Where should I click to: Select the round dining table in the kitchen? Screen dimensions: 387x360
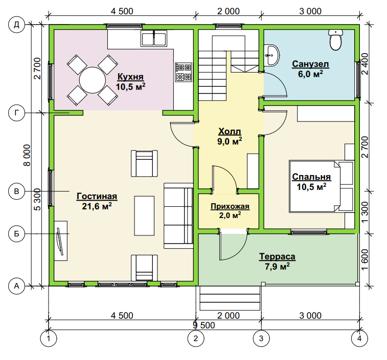click(x=93, y=80)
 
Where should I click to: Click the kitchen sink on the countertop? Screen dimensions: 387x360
click(x=154, y=38)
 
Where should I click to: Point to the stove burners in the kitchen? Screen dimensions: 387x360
click(x=184, y=72)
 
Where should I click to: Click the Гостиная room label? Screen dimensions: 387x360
click(x=97, y=197)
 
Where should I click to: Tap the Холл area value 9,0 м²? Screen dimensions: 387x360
click(x=230, y=141)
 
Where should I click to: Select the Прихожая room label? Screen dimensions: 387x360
click(x=230, y=206)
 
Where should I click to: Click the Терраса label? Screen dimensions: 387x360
click(x=277, y=257)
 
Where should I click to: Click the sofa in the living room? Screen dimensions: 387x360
click(x=178, y=216)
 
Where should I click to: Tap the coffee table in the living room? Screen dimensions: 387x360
click(x=144, y=216)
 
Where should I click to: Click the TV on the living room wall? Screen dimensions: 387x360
click(x=60, y=241)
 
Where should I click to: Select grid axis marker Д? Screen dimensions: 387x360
click(x=16, y=25)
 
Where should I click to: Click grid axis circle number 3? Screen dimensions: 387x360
click(x=261, y=339)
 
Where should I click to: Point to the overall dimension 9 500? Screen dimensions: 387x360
click(x=204, y=325)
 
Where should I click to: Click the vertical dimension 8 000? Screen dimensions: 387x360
click(x=27, y=155)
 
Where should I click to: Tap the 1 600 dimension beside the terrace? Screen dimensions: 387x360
click(x=365, y=260)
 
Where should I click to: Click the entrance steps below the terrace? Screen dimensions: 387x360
click(x=230, y=298)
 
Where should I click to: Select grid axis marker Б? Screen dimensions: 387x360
click(x=16, y=233)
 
